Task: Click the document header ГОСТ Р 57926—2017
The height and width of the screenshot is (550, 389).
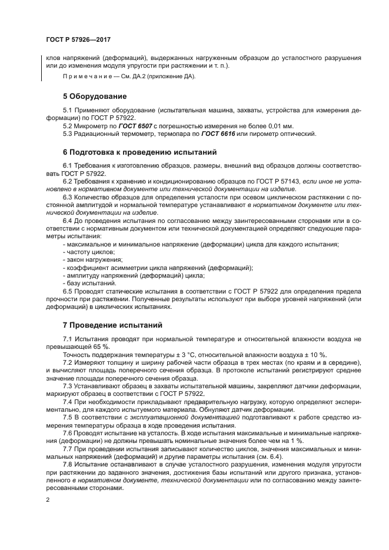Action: click(78, 40)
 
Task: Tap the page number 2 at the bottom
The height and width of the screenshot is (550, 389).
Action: click(48, 499)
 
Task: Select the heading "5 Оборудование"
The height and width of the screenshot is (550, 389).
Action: click(94, 96)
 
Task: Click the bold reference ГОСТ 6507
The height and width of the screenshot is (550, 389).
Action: click(137, 126)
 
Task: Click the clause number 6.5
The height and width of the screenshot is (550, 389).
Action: click(68, 291)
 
